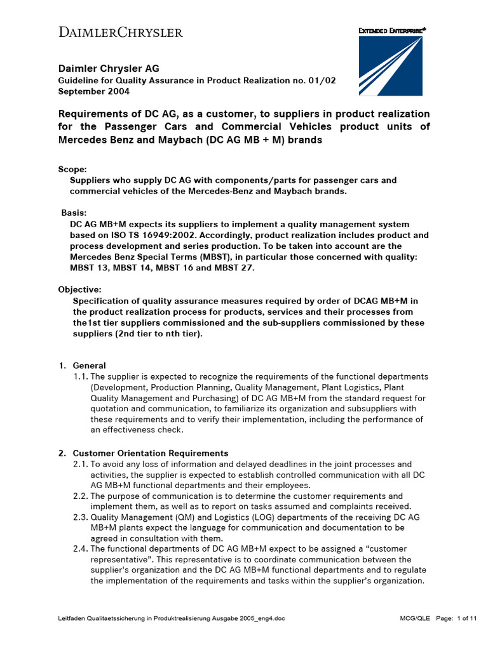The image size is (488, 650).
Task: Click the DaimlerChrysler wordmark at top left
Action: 121,32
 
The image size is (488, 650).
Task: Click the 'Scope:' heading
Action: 72,169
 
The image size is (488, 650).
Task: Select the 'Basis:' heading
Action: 75,213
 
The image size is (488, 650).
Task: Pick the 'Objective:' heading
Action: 79,289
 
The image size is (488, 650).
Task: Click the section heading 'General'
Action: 90,366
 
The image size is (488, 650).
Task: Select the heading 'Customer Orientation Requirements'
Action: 151,453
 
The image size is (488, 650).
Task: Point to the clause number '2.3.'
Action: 81,517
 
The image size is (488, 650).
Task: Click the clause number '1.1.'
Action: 81,376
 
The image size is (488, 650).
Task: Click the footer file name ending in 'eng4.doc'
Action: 172,636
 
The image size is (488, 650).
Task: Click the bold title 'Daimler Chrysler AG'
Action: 109,68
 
